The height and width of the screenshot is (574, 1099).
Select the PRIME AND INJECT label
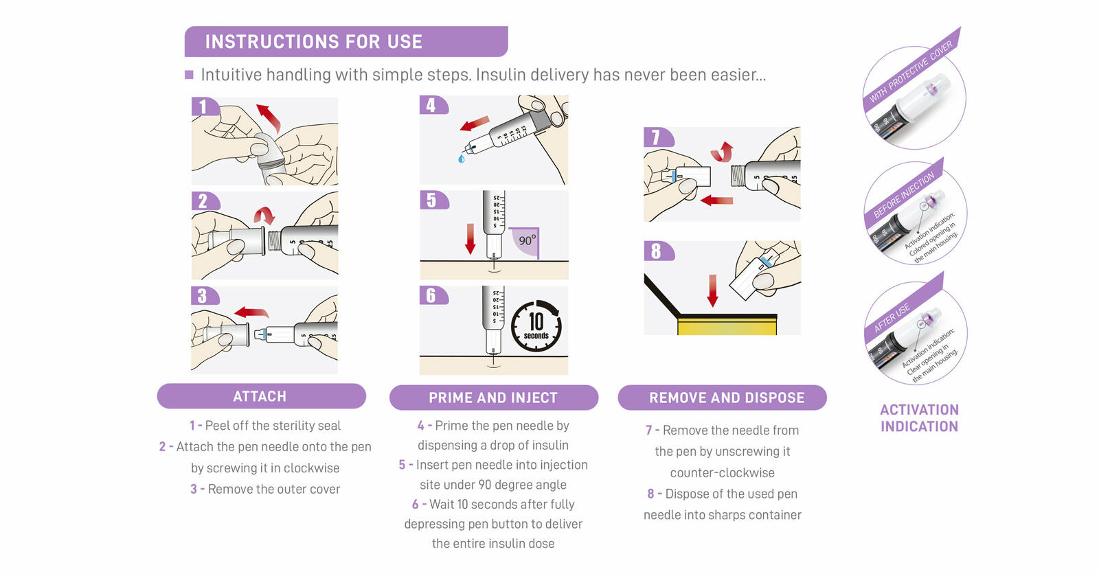pyautogui.click(x=493, y=398)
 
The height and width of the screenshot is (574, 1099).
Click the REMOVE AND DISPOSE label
pyautogui.click(x=726, y=398)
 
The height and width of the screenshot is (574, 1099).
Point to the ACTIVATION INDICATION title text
pyautogui.click(x=919, y=417)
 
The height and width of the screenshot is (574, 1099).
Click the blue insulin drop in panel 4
pyautogui.click(x=461, y=159)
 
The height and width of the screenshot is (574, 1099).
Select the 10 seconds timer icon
pyautogui.click(x=536, y=325)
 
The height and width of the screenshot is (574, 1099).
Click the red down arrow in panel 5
pyautogui.click(x=470, y=238)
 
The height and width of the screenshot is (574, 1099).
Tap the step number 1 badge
pyautogui.click(x=203, y=106)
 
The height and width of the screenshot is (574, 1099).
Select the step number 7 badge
pyautogui.click(x=656, y=137)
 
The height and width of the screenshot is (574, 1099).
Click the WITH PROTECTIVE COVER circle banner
pyautogui.click(x=911, y=72)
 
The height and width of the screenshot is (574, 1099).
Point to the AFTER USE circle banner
pyautogui.click(x=893, y=317)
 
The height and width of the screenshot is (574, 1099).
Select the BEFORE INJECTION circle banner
pyautogui.click(x=903, y=196)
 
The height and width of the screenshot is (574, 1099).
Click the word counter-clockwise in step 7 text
pyautogui.click(x=722, y=472)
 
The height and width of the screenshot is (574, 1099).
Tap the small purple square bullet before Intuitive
pyautogui.click(x=189, y=75)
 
